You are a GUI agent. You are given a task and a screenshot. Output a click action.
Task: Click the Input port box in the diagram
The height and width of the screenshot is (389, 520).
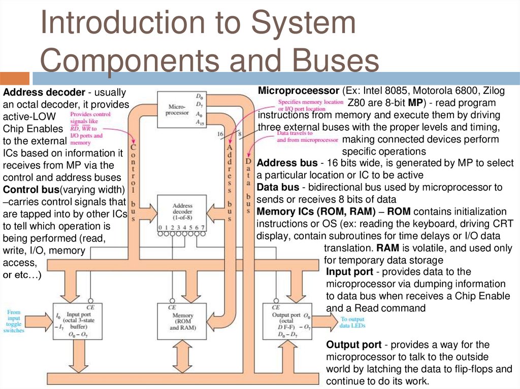[77, 322]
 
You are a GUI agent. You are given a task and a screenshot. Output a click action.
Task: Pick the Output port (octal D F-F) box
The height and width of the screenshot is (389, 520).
[285, 322]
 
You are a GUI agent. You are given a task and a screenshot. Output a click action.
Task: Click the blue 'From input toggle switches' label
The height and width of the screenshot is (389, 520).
[14, 321]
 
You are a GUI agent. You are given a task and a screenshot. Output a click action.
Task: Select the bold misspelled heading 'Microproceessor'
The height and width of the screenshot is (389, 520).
[299, 91]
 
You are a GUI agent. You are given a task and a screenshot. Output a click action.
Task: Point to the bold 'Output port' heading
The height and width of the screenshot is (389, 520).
[354, 345]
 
